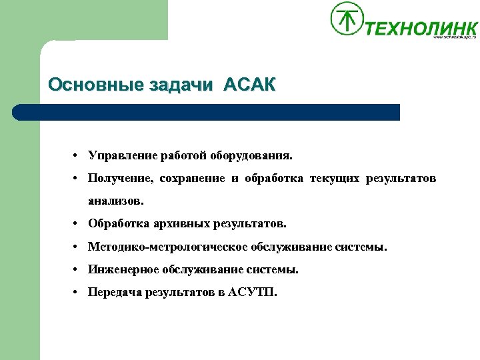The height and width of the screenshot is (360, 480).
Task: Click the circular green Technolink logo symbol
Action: coord(347,18)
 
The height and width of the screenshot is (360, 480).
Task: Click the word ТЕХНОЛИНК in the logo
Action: coord(421,28)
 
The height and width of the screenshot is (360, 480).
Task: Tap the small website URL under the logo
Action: coord(455,37)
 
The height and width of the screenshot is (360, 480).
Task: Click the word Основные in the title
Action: coord(87,85)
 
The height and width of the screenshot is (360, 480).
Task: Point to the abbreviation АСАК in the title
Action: coord(249,85)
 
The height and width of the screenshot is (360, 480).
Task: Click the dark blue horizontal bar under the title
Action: coord(207,112)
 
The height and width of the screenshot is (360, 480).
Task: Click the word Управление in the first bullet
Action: coord(122,156)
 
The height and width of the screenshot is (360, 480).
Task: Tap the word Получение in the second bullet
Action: coord(121,178)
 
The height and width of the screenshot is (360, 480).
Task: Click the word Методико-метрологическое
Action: coord(167,247)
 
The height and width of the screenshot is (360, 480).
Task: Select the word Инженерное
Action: coord(121,269)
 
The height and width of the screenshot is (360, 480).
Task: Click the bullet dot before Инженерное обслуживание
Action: coord(77,269)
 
